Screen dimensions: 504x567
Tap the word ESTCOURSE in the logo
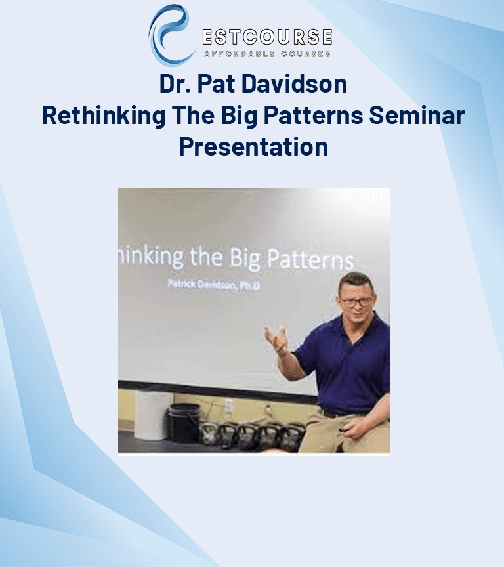(267, 37)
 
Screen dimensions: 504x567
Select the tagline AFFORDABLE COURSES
(267, 54)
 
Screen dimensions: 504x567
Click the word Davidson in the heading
(294, 84)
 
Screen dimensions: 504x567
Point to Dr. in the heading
(175, 84)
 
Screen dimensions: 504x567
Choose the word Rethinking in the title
(104, 115)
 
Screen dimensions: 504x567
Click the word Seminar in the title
(417, 115)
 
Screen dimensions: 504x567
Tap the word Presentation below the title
(253, 147)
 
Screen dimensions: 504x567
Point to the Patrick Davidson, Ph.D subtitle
(214, 285)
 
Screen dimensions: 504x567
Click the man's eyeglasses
(356, 302)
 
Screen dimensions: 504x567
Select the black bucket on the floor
(184, 423)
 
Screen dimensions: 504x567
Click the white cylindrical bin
(152, 415)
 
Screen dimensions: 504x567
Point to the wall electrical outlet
(228, 406)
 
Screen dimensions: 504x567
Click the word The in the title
(193, 115)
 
